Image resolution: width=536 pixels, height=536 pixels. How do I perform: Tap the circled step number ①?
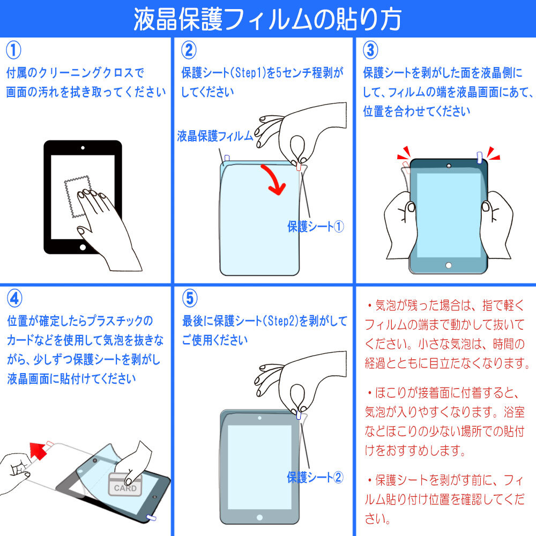click(13, 50)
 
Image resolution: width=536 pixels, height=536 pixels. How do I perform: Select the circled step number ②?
click(189, 50)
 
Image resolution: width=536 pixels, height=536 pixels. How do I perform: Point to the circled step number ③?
click(370, 50)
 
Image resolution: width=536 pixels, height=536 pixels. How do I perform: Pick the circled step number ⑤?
click(189, 297)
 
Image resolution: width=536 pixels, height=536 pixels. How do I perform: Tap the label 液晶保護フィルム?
click(214, 136)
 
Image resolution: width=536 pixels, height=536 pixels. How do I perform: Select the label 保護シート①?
click(315, 226)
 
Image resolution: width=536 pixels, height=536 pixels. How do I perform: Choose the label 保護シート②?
click(315, 477)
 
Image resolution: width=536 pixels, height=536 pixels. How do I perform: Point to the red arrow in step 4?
click(38, 450)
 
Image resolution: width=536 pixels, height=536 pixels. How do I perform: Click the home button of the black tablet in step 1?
click(83, 247)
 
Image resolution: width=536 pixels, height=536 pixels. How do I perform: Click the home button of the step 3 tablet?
click(449, 265)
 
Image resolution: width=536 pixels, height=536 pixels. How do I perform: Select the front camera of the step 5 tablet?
click(259, 418)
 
